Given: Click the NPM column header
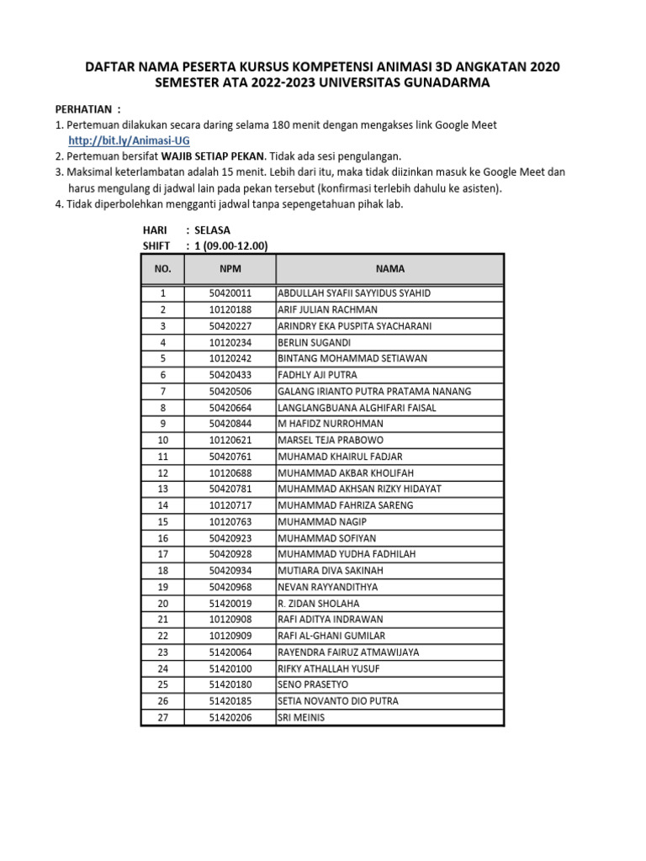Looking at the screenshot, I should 230,269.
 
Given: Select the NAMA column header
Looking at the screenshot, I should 390,269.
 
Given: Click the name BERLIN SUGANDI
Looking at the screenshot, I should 315,342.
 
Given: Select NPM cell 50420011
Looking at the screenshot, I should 230,293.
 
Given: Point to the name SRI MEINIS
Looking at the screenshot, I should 301,717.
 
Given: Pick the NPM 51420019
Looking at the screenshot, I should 230,603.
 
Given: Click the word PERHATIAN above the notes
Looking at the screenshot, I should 82,109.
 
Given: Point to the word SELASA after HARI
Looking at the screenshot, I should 212,230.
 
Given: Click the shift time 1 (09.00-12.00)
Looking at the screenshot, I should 231,246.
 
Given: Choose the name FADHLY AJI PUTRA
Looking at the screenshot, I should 317,375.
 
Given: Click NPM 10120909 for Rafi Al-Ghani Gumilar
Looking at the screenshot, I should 230,636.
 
